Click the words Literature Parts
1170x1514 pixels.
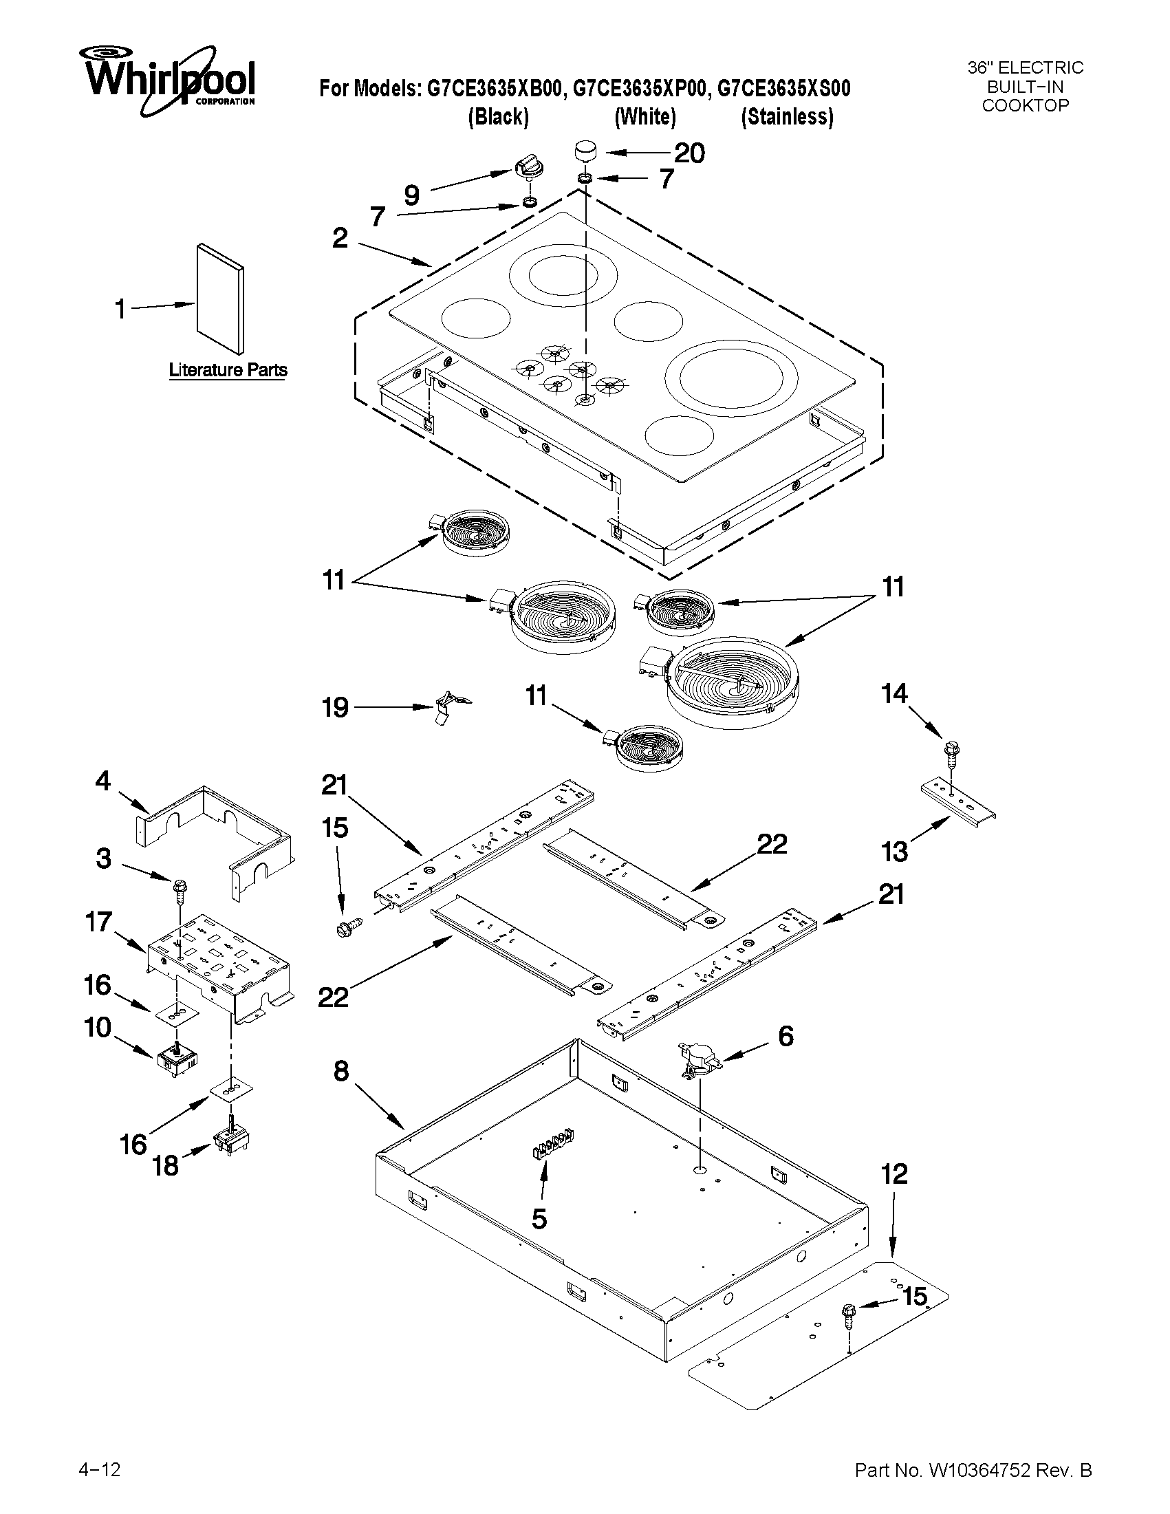(228, 370)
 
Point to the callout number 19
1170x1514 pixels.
(336, 707)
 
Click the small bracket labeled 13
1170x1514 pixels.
(958, 800)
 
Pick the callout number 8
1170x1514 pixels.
(341, 1071)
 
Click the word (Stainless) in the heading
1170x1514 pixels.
(787, 116)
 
